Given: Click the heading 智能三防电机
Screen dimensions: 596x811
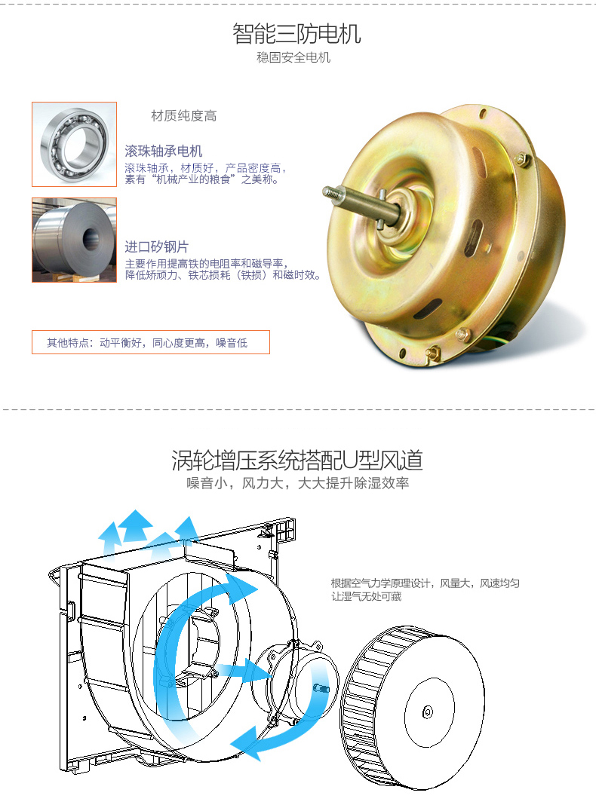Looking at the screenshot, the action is [x=296, y=34].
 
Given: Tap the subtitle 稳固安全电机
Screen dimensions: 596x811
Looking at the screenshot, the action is [x=293, y=57].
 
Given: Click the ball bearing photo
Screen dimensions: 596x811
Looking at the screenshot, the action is [x=74, y=144].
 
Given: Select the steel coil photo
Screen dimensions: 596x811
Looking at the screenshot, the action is [x=74, y=240].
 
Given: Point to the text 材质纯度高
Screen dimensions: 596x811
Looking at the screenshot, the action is [x=184, y=116].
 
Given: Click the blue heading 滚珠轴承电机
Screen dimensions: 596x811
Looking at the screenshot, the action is [x=164, y=151].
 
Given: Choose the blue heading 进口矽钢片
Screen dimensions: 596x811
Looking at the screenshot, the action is [x=156, y=246].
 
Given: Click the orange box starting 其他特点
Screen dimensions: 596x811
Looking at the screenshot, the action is [x=151, y=342].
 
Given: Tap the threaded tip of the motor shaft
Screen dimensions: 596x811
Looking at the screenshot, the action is [x=333, y=193].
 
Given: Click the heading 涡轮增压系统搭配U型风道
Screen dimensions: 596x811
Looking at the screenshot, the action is [x=297, y=460].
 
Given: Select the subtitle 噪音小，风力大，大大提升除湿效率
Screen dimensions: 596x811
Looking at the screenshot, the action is [x=298, y=483].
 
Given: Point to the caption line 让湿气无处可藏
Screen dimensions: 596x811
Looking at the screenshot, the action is [x=366, y=596].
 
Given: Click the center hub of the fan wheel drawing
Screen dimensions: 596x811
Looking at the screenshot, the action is [x=428, y=712].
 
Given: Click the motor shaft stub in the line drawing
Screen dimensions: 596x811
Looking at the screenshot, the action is [x=321, y=688].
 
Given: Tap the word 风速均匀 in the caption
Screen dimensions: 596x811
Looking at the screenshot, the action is [x=499, y=583].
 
